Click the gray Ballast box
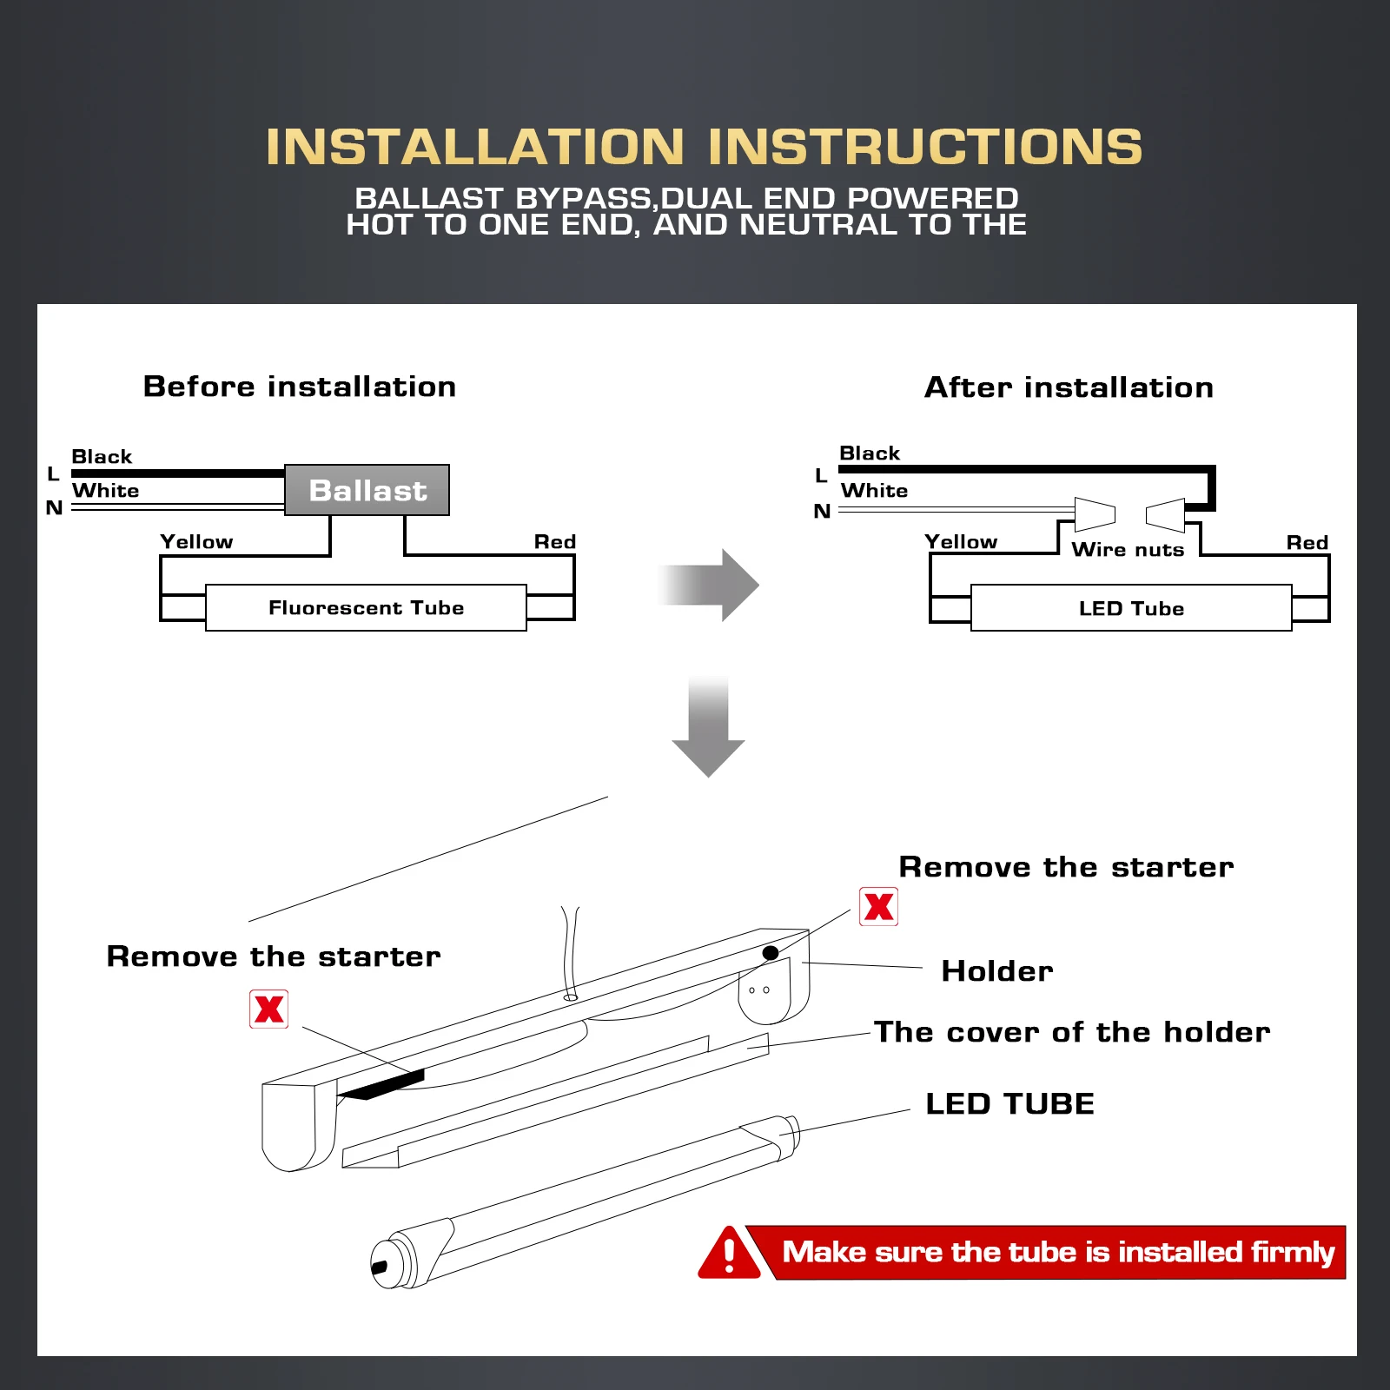click(x=367, y=490)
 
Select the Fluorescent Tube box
click(x=366, y=607)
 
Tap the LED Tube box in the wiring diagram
click(x=1131, y=608)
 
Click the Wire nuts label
click(x=1128, y=549)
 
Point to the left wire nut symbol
click(x=1095, y=513)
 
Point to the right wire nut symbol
click(x=1166, y=514)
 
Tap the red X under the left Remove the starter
click(x=269, y=1009)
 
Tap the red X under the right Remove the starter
click(x=878, y=907)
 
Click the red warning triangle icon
click(x=729, y=1254)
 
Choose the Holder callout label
click(x=997, y=970)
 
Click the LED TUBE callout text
click(x=1009, y=1103)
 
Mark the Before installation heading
click(x=300, y=386)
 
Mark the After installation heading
click(x=1069, y=387)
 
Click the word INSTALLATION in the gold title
click(x=475, y=146)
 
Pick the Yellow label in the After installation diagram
click(x=961, y=542)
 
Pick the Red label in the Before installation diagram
click(x=554, y=542)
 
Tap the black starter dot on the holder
click(x=770, y=953)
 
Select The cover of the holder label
click(x=1071, y=1031)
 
